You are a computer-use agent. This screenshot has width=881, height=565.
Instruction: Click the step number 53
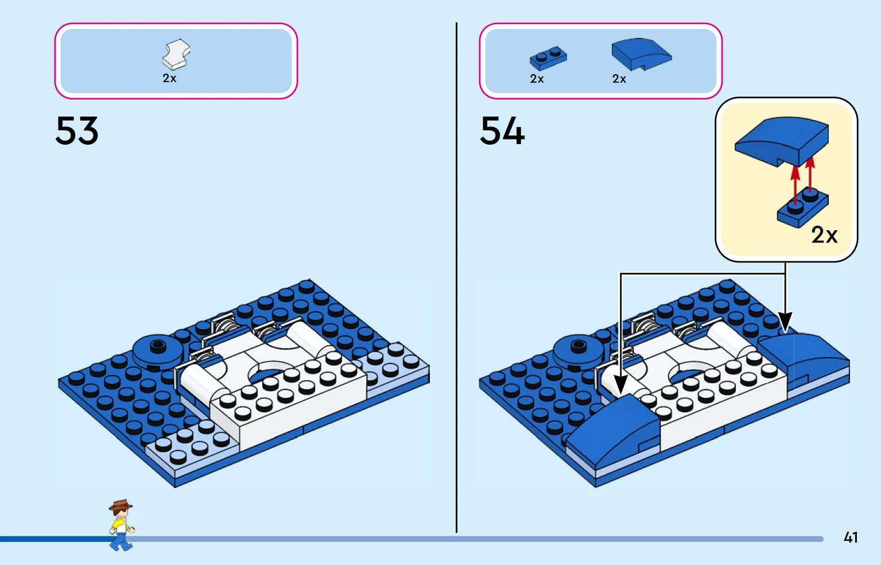(x=77, y=130)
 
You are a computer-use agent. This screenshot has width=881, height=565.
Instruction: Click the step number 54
(x=502, y=130)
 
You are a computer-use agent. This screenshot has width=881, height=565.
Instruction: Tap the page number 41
(x=851, y=537)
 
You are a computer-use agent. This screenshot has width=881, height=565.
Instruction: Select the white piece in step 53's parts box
(x=176, y=54)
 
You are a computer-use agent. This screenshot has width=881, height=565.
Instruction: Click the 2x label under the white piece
(x=169, y=78)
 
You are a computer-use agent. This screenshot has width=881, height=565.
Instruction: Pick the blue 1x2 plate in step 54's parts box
(x=548, y=59)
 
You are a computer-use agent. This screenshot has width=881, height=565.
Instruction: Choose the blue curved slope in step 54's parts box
(x=642, y=55)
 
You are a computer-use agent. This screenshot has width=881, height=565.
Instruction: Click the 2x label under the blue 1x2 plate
(x=537, y=79)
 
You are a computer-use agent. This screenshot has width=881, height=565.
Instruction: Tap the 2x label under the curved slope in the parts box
(x=619, y=79)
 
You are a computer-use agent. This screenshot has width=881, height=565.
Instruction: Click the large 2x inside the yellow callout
(x=824, y=235)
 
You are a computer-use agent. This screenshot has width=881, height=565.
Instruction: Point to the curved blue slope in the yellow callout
(x=782, y=141)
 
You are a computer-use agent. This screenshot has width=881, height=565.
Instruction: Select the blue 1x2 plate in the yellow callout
(x=803, y=208)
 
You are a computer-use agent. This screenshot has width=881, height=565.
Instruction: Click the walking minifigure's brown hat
(x=121, y=505)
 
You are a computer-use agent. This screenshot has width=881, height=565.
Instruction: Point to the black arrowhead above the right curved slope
(x=785, y=322)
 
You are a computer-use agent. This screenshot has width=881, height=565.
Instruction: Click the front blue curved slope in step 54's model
(x=613, y=431)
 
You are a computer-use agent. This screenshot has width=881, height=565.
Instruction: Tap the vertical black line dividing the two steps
(x=457, y=277)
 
